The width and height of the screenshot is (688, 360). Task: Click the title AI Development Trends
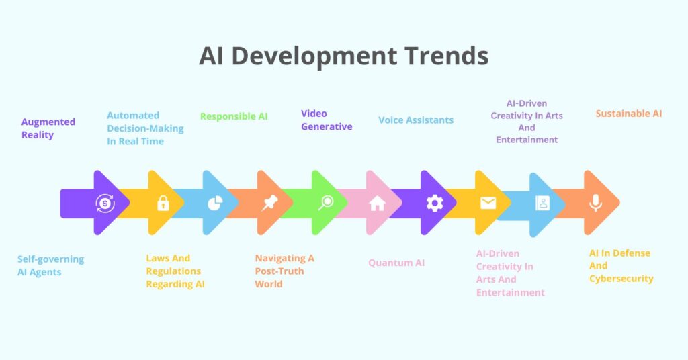(x=343, y=56)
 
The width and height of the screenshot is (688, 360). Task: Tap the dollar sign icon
(x=105, y=203)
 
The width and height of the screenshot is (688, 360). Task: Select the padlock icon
(x=163, y=203)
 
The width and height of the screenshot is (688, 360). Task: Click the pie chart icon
(x=214, y=204)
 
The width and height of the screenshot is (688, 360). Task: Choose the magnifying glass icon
(x=326, y=203)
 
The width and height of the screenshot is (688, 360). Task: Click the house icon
(x=377, y=204)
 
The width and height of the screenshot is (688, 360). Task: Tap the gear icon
(x=435, y=203)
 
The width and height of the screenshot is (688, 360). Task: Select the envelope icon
(x=488, y=203)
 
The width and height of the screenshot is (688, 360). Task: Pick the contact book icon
(x=542, y=204)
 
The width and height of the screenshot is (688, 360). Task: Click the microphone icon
(x=595, y=203)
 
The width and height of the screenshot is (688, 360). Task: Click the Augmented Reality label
(x=48, y=128)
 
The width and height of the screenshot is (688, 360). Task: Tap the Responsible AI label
(x=234, y=116)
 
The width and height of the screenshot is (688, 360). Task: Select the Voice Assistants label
(x=415, y=120)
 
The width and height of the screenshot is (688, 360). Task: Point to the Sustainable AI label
(x=628, y=114)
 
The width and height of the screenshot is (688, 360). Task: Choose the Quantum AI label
(x=396, y=263)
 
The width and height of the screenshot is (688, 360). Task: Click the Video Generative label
(x=327, y=120)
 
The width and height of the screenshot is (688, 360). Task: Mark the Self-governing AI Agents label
(x=50, y=265)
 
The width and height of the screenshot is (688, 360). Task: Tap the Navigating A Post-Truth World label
(x=284, y=271)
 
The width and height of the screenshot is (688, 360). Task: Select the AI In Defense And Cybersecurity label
(x=621, y=265)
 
